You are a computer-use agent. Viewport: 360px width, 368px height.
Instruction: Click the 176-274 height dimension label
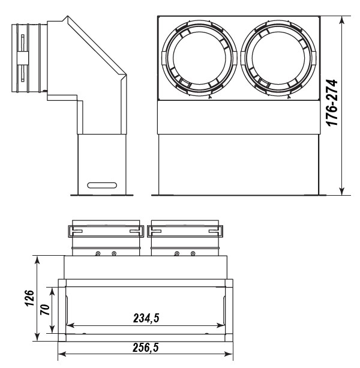pyautogui.click(x=332, y=103)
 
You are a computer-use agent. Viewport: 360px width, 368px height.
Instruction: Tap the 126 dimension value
pyautogui.click(x=30, y=298)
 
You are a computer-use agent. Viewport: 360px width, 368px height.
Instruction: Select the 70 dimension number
pyautogui.click(x=45, y=310)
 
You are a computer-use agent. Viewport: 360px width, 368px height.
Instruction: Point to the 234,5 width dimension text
pyautogui.click(x=146, y=319)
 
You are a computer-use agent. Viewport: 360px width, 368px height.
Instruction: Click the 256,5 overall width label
pyautogui.click(x=146, y=348)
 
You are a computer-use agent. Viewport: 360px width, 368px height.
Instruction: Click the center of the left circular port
pyautogui.click(x=199, y=58)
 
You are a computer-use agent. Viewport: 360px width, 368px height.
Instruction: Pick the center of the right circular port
pyautogui.click(x=278, y=58)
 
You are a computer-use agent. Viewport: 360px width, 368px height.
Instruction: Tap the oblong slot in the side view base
pyautogui.click(x=102, y=185)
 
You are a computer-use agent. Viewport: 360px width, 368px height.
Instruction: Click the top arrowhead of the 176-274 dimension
pyautogui.click(x=342, y=20)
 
